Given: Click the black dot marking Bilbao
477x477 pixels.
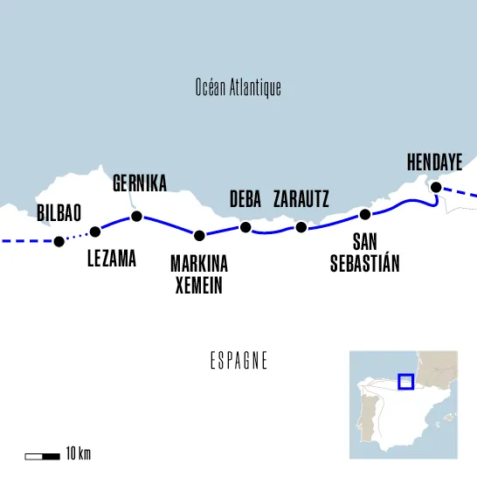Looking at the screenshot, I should pos(59,242).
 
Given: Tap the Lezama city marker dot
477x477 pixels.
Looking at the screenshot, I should pos(95,232).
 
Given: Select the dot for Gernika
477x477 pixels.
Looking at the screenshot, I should pos(135,216).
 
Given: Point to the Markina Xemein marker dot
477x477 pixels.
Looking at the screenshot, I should pos(199,234).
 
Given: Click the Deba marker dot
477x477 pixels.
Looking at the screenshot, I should pos(245,227).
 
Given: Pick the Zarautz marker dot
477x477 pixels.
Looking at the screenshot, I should pos(301,227).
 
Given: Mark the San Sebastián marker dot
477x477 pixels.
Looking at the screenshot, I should pos(365,214).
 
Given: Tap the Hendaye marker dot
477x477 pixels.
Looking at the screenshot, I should pos(434,186).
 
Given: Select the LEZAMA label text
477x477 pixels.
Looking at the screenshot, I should pos(113,259).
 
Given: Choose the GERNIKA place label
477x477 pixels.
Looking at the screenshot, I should pos(140,183).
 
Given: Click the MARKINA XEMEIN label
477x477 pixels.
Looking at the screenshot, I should pos(199,273).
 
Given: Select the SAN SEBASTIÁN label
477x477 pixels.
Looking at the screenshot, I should pos(365,253).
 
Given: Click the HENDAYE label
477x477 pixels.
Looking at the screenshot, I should pos(434,162).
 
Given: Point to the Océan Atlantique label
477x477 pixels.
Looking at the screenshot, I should pos(238,88).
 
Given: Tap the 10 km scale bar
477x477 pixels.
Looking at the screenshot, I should pos(41,454).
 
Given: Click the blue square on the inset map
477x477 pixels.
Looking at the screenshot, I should pos(405,382).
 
